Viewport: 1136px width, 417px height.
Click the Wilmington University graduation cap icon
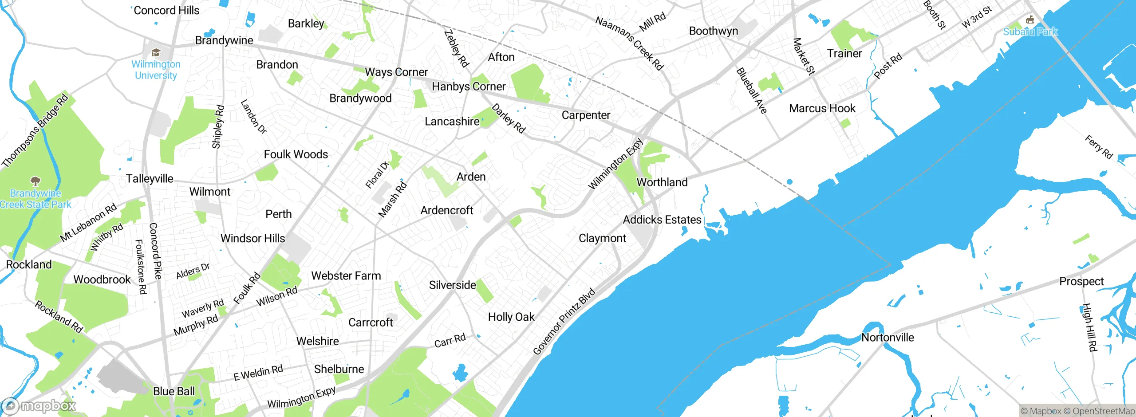point(155,53)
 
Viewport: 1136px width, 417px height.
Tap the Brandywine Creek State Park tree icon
point(35,181)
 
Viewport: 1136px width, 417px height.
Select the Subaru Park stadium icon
point(1030,20)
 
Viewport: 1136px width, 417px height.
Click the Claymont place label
point(602,238)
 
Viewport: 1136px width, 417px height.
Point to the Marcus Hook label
point(822,108)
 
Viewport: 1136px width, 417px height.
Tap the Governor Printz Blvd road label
point(564,321)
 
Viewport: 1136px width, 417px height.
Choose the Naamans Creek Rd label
point(629,43)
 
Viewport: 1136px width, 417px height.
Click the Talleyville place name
point(150,178)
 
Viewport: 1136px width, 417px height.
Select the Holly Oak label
point(511,317)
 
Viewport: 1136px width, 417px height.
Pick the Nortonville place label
point(887,337)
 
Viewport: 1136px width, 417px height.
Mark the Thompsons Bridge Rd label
point(35,130)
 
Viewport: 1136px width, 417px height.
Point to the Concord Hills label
point(166,10)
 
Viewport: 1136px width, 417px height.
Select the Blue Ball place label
point(174,391)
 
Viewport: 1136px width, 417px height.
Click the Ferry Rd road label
point(1099,147)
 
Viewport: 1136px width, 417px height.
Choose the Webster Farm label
point(346,275)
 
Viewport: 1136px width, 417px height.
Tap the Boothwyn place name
point(714,31)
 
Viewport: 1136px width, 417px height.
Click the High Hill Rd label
point(1089,327)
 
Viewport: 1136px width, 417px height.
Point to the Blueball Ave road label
point(751,90)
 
